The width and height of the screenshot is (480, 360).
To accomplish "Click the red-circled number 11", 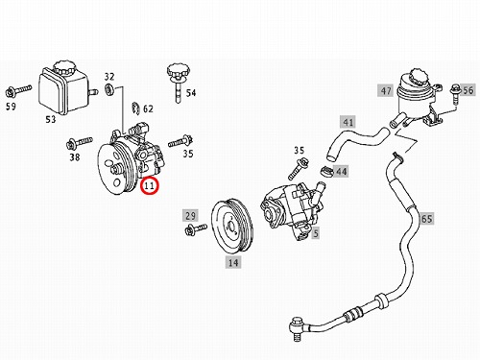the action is [149, 185].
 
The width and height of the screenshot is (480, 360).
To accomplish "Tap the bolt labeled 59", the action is [18, 90].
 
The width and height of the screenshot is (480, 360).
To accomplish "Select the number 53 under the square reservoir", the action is [51, 119].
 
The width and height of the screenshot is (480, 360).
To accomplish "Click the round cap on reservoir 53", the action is [64, 67].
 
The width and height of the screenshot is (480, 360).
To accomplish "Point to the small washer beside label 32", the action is [109, 89].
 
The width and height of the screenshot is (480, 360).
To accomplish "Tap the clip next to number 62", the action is [135, 108].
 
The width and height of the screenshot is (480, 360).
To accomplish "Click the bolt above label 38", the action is [79, 143].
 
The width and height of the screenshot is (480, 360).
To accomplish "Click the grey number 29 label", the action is [190, 215].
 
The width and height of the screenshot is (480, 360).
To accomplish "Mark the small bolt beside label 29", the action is [196, 229].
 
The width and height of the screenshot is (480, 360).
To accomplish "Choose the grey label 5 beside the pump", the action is [316, 233].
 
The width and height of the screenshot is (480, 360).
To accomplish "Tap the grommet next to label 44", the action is [326, 171].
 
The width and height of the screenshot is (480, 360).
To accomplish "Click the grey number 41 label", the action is [348, 122].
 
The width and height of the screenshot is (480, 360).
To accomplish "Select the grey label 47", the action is [386, 91].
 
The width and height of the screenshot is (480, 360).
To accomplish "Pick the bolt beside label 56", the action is [455, 93].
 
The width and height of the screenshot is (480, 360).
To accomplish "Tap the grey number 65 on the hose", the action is [426, 219].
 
